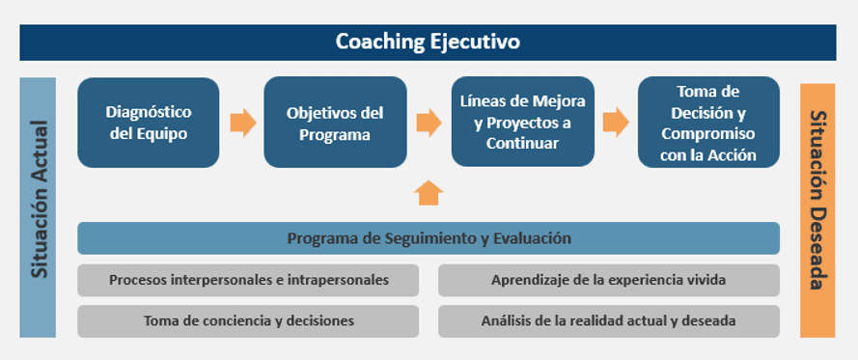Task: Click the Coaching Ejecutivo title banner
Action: [x=428, y=42]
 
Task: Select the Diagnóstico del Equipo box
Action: [x=148, y=123]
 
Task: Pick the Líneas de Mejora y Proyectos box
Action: [x=522, y=123]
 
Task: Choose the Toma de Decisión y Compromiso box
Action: [x=708, y=123]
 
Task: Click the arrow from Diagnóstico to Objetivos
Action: [x=242, y=123]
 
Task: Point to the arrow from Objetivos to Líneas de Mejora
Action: [x=429, y=123]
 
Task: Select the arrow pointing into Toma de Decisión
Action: [x=616, y=123]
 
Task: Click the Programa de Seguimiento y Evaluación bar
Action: [x=428, y=238]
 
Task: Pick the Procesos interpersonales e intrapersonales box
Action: [x=248, y=280]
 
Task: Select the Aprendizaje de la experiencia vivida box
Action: [x=608, y=280]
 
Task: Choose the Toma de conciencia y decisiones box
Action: [x=248, y=320]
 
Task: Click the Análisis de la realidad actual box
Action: [x=608, y=320]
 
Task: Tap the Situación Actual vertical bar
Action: [x=38, y=207]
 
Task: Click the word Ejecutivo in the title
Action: [x=477, y=42]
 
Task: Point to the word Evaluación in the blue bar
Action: [x=529, y=238]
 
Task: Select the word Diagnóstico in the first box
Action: [x=148, y=112]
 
